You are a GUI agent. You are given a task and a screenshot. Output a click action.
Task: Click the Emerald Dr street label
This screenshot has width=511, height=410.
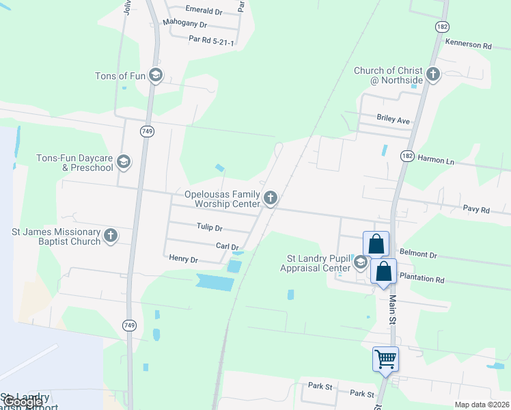click(x=204, y=12)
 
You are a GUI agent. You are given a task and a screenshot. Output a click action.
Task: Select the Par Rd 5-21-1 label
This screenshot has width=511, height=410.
click(x=212, y=42)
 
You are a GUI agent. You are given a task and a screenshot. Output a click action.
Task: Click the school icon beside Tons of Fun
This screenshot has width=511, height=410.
click(x=155, y=75)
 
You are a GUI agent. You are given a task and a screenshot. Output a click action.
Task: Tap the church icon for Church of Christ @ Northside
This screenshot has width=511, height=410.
click(x=432, y=74)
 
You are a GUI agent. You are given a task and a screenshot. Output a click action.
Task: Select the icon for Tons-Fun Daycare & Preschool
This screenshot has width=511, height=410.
click(x=124, y=162)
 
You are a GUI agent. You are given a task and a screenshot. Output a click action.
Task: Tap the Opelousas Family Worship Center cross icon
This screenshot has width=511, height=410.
click(x=271, y=199)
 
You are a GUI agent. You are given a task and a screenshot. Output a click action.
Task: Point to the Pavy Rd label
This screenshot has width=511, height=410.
click(x=476, y=210)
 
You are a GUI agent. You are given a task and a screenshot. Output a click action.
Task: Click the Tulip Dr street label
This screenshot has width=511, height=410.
click(x=210, y=228)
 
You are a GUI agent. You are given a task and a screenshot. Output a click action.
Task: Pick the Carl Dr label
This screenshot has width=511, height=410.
click(x=227, y=247)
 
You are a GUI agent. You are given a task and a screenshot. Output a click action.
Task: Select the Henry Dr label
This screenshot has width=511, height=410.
click(x=183, y=260)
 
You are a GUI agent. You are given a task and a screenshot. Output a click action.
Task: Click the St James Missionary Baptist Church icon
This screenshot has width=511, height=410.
click(x=111, y=236)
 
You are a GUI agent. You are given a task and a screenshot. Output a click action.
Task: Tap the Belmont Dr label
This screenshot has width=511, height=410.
click(x=418, y=254)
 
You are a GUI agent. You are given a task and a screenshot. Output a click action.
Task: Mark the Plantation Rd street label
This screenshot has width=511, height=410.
click(x=422, y=279)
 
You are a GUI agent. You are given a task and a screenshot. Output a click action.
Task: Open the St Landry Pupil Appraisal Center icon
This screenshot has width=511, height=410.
click(x=360, y=262)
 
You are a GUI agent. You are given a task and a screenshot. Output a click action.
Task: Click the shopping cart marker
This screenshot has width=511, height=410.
click(x=385, y=358)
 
